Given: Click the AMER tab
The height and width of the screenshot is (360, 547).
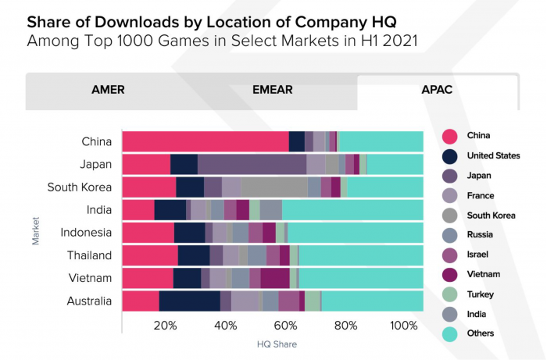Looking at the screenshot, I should (108, 90).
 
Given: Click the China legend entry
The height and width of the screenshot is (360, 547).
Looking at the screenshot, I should (478, 135).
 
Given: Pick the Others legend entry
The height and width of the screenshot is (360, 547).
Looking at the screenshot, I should (480, 333).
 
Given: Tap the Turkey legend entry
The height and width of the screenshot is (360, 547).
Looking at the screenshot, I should (480, 294).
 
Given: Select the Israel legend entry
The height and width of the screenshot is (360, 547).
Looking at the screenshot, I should (478, 254).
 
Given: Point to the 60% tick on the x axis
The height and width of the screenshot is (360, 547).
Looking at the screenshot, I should (286, 326).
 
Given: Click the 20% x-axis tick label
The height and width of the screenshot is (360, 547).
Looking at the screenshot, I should (165, 326).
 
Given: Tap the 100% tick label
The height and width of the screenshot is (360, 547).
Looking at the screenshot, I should (405, 326).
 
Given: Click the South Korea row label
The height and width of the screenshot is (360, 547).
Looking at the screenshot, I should (79, 187).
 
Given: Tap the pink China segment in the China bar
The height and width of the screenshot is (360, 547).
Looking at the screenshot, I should (205, 141).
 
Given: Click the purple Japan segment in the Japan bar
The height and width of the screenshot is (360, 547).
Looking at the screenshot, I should (252, 164).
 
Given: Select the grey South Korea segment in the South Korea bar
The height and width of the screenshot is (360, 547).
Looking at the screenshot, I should (273, 187).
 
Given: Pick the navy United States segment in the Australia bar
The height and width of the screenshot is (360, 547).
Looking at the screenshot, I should (189, 301).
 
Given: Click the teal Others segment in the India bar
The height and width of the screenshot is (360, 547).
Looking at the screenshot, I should (352, 210).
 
